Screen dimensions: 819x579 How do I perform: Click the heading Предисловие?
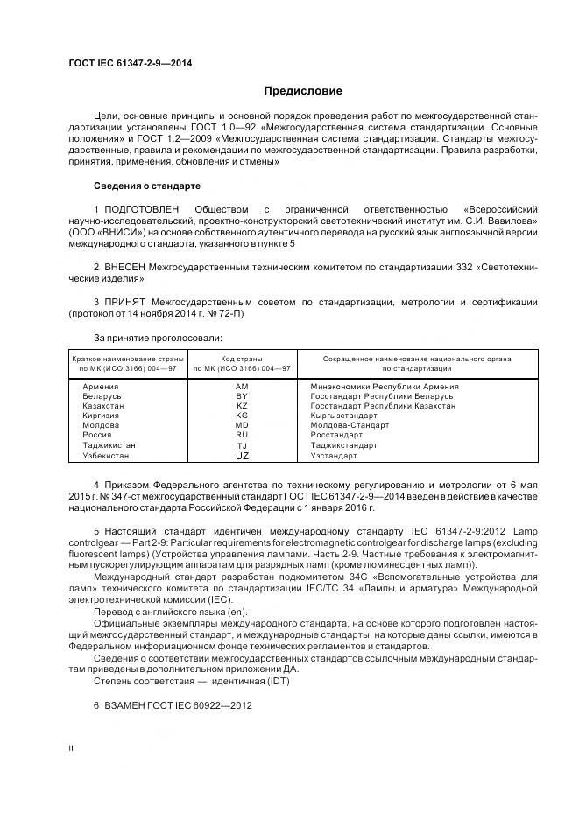pyautogui.click(x=303, y=91)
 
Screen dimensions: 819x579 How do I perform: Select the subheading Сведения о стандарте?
pyautogui.click(x=147, y=186)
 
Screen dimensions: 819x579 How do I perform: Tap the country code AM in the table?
pyautogui.click(x=242, y=386)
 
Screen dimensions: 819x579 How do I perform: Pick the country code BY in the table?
pyautogui.click(x=242, y=395)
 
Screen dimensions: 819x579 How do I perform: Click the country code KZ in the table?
pyautogui.click(x=242, y=405)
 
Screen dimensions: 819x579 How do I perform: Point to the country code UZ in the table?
pyautogui.click(x=242, y=455)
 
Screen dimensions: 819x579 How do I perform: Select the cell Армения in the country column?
pyautogui.click(x=101, y=386)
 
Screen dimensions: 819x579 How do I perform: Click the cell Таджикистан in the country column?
pyautogui.click(x=109, y=444)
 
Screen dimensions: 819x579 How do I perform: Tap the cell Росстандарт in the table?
pyautogui.click(x=336, y=435)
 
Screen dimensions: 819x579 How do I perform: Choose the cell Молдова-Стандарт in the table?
pyautogui.click(x=350, y=425)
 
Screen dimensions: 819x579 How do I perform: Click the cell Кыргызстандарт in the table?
pyautogui.click(x=344, y=416)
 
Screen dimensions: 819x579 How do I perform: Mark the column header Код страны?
pyautogui.click(x=242, y=359)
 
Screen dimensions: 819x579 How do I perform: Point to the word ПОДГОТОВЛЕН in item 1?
pyautogui.click(x=142, y=210)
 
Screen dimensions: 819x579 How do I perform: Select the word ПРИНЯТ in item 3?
pyautogui.click(x=126, y=302)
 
